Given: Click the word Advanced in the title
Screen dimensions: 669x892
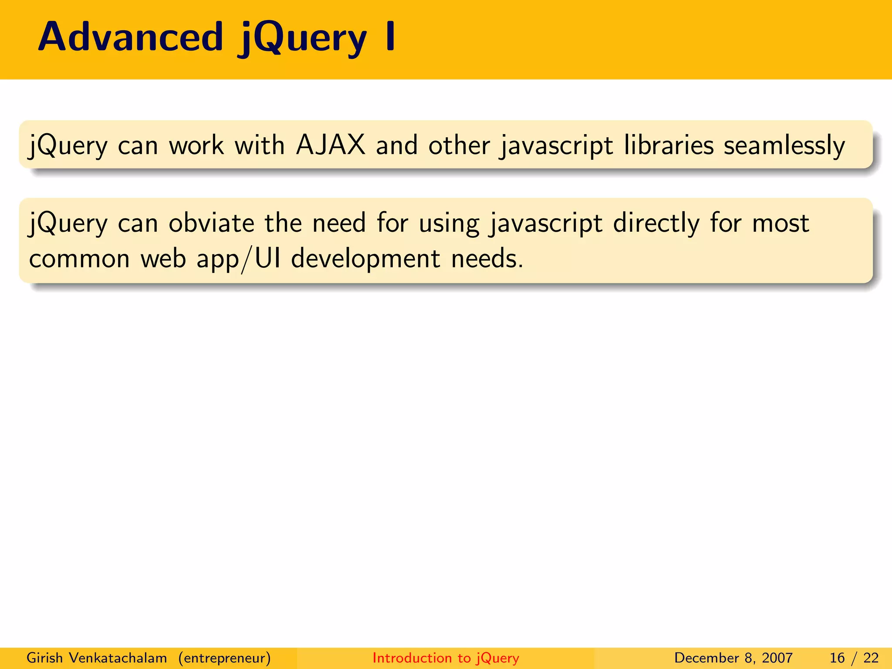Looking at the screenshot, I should point(131,37).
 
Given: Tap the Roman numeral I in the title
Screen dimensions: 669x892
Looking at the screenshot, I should point(391,37).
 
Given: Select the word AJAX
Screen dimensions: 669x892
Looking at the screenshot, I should point(331,145).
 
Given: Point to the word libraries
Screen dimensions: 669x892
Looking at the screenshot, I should point(669,145).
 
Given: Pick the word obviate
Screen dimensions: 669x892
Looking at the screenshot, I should point(211,223).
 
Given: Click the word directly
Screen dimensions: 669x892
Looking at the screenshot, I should point(656,224).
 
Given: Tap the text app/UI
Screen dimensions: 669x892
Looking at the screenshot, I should point(238,259).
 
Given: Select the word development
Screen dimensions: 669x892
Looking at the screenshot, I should point(366,259).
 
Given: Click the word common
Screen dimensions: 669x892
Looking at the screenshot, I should point(79,259).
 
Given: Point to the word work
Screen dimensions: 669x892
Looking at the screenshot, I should point(196,145).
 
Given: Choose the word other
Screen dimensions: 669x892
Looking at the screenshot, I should point(459,145).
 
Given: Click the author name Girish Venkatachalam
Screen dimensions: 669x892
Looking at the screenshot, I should point(97,658).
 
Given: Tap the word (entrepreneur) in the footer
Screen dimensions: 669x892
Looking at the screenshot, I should point(224,658).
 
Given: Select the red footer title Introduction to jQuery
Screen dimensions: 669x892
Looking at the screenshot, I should point(446,658).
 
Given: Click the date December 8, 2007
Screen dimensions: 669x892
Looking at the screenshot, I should point(733,658).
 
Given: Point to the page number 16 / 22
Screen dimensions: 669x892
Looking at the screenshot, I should point(854,658).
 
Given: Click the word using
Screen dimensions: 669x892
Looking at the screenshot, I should point(449,224).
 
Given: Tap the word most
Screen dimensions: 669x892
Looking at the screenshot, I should point(780,223).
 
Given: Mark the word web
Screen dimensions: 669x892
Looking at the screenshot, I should point(163,259).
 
